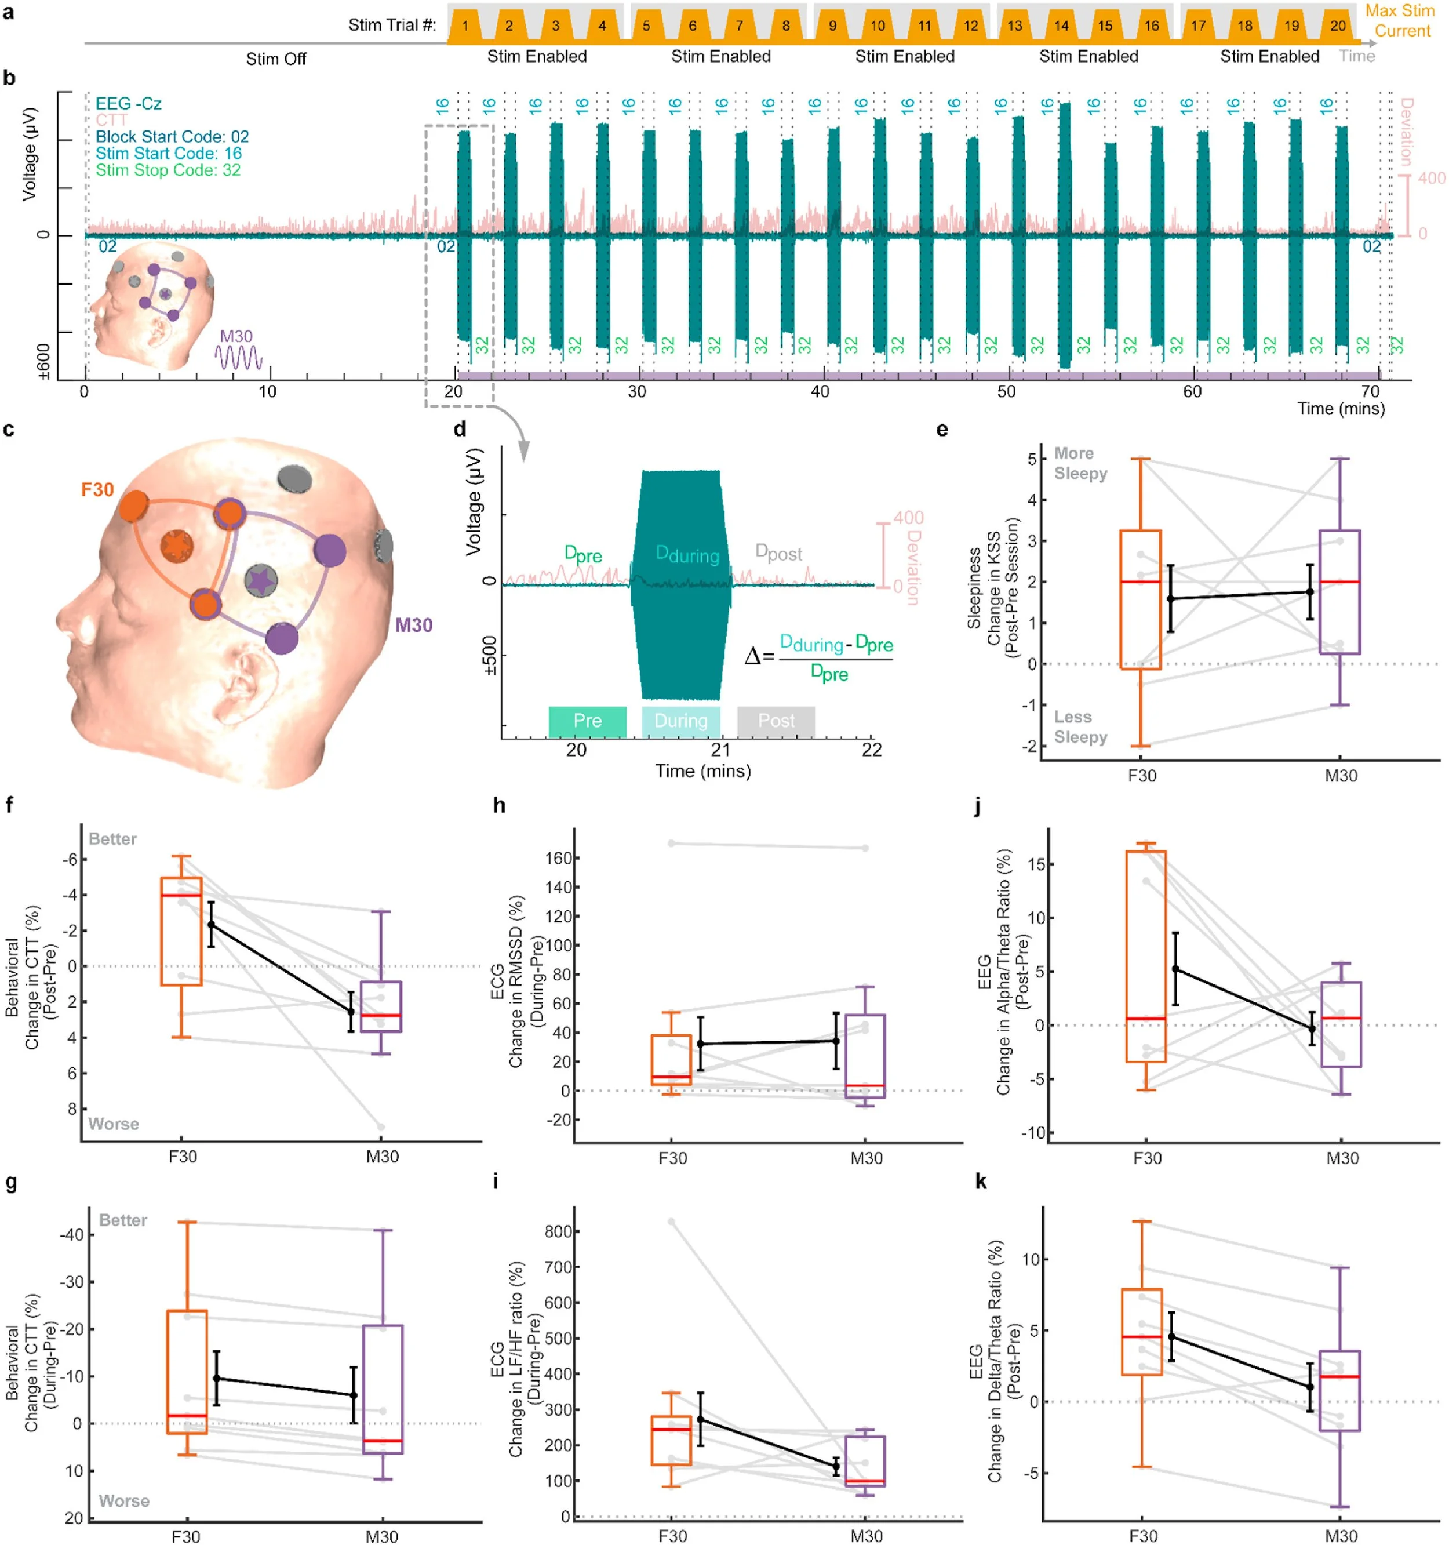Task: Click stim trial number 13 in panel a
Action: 1015,26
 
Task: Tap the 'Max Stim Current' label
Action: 1401,21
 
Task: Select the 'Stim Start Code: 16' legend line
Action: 169,153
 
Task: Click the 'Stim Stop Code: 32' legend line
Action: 168,169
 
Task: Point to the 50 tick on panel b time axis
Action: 1006,391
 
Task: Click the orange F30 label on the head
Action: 97,490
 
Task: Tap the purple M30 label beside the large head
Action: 414,625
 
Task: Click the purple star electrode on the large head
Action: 261,580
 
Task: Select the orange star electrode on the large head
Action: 177,546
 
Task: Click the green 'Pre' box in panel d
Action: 587,721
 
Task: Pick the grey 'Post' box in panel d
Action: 776,721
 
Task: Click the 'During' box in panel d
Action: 680,721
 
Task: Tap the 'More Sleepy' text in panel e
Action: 1080,463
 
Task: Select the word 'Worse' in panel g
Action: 123,1501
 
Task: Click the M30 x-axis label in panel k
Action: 1341,1536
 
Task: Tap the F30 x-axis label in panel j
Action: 1147,1158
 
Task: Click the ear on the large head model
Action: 251,675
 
